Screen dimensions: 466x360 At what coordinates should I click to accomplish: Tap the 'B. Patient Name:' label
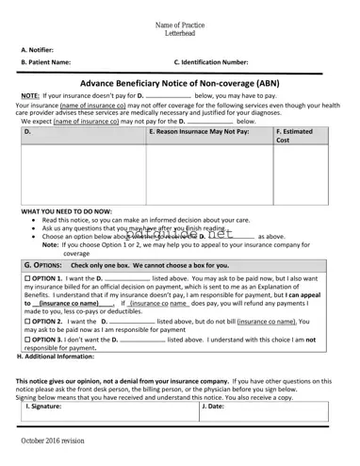(x=46, y=62)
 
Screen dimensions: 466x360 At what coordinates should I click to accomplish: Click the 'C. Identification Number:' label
(x=211, y=62)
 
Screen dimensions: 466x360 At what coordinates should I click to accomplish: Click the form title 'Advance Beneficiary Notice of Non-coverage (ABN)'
(x=179, y=83)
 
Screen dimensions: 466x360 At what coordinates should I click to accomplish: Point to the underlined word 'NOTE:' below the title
(x=30, y=96)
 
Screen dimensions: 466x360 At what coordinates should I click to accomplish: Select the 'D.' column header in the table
(x=27, y=132)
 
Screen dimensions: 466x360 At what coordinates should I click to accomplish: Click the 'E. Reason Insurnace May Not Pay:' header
(x=199, y=132)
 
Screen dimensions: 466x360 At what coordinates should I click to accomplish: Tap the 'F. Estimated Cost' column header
(x=297, y=136)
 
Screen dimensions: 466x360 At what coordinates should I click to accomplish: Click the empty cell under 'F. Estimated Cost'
(x=301, y=175)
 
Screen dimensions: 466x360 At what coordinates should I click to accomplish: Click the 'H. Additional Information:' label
(x=56, y=356)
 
